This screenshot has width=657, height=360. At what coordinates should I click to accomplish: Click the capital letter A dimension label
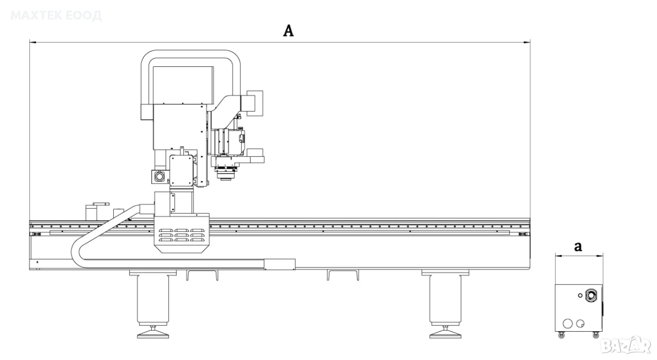(288, 31)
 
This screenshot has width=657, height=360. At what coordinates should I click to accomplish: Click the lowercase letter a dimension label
(578, 247)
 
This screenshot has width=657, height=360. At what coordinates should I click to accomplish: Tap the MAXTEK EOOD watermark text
(56, 15)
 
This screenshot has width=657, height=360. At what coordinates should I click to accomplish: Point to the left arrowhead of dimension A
(32, 43)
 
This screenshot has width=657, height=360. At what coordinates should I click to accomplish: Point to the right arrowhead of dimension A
(527, 43)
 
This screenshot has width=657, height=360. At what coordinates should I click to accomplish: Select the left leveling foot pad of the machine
(153, 334)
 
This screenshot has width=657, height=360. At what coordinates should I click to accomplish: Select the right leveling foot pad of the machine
(445, 334)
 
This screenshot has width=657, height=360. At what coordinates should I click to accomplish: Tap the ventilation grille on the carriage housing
(182, 235)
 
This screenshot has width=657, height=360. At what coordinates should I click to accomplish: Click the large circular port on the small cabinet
(591, 295)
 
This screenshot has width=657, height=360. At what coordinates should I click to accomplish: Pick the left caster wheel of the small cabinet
(562, 335)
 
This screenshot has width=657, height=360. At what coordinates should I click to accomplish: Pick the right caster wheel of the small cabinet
(596, 335)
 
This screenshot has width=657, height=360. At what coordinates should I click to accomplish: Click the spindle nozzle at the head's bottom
(225, 175)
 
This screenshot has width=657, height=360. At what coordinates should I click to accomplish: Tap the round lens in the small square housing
(158, 177)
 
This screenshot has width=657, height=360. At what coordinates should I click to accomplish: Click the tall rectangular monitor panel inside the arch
(183, 85)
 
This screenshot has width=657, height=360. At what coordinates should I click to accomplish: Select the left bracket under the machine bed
(202, 275)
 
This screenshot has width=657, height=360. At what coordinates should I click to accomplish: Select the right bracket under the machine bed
(343, 275)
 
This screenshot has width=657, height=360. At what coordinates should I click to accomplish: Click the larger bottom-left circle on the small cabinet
(568, 323)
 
